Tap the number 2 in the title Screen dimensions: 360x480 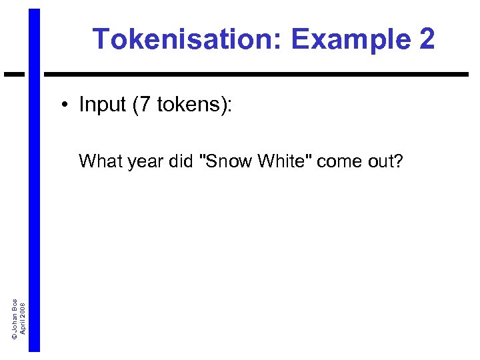(x=427, y=40)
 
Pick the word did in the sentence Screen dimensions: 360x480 (x=180, y=161)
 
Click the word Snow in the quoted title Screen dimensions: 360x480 (x=224, y=161)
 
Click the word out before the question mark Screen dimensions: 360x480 (x=378, y=161)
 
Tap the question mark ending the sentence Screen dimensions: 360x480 (x=398, y=161)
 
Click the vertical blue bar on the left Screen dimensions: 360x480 (x=34, y=200)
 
